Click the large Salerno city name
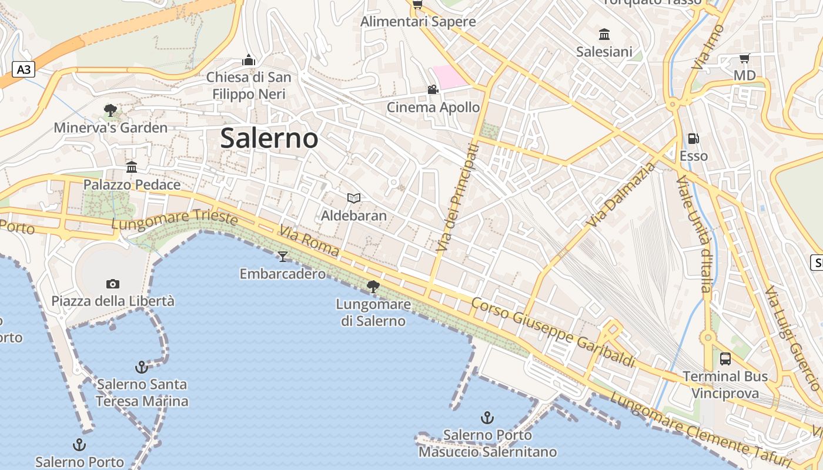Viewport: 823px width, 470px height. click(x=269, y=139)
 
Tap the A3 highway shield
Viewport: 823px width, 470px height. click(x=24, y=70)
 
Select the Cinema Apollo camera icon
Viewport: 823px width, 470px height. click(x=433, y=89)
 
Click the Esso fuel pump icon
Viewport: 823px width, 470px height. click(x=694, y=139)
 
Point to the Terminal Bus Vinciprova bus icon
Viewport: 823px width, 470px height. click(x=725, y=358)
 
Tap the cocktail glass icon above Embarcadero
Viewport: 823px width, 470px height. click(x=283, y=256)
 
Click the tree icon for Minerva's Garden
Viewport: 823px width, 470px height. click(x=110, y=110)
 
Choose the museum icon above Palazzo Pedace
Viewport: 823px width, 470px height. click(x=132, y=167)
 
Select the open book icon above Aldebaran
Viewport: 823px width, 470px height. click(x=354, y=198)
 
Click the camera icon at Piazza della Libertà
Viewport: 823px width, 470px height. click(x=113, y=284)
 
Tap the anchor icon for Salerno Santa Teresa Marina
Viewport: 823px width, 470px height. click(x=141, y=367)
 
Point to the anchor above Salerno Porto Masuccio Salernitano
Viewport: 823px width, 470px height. click(x=487, y=418)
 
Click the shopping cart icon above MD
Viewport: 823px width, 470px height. click(x=744, y=58)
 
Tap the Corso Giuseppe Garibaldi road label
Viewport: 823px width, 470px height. click(x=554, y=333)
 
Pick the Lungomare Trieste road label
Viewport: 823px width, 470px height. click(x=174, y=220)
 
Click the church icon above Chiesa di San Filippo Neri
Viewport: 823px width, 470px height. click(x=249, y=60)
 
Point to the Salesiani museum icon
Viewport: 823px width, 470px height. click(x=604, y=34)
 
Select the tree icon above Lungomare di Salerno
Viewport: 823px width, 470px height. click(x=373, y=287)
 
